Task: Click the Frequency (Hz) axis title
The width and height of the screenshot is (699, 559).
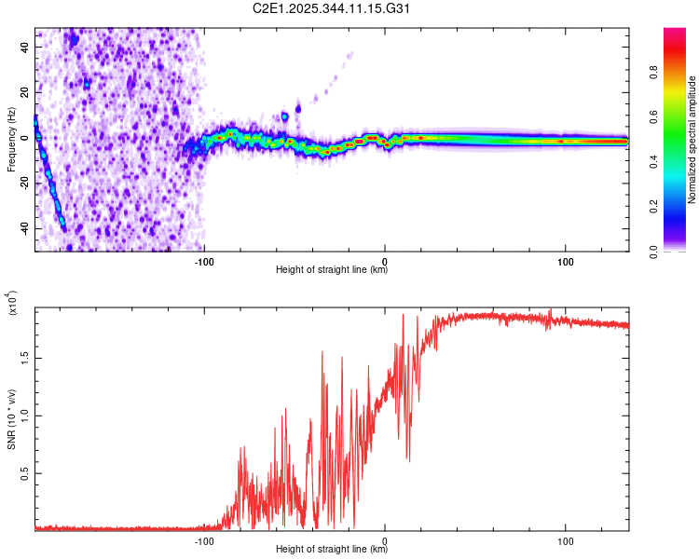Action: pos(12,140)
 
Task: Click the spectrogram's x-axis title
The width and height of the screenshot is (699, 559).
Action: pos(332,270)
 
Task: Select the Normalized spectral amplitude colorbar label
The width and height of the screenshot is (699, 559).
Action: pos(692,140)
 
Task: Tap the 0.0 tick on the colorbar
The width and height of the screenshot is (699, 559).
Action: pos(681,251)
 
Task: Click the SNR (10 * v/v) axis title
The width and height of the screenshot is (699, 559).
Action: pos(12,419)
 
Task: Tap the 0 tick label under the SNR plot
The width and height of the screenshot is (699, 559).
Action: pos(385,539)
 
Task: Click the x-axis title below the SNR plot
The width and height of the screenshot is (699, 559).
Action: pos(332,550)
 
